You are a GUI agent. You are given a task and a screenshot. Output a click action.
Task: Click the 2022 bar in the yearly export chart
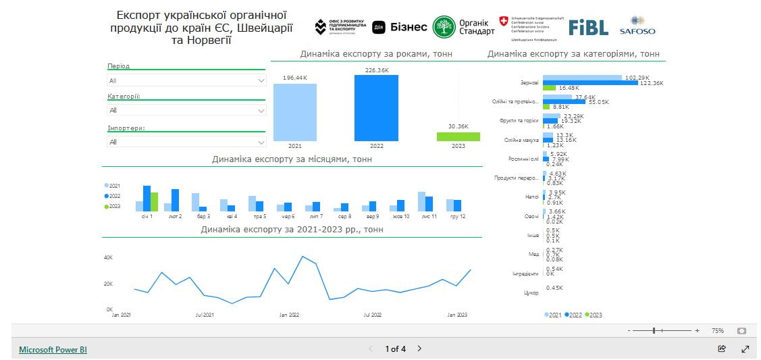point(376,107)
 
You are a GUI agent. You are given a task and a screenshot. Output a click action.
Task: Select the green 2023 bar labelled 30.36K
point(458,136)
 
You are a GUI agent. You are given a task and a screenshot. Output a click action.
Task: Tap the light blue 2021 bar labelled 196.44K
point(295,112)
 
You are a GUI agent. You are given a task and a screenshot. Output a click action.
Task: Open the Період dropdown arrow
point(261,80)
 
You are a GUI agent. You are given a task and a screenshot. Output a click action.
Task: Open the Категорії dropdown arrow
point(261,111)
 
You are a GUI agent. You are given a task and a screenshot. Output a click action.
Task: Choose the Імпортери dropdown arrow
point(261,142)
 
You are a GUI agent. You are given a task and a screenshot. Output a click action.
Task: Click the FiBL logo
point(588,27)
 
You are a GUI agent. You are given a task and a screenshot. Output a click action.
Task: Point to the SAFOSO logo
point(637,26)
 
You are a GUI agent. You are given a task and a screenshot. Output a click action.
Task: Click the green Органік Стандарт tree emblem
point(444,27)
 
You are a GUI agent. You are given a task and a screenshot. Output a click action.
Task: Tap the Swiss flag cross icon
point(504,21)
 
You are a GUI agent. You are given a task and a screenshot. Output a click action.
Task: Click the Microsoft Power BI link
point(53,349)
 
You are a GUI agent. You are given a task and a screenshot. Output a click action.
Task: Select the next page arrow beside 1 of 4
point(419,349)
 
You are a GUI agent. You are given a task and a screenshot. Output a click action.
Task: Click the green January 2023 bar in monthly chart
point(154,201)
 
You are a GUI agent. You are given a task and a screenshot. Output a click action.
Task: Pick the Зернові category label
point(529,82)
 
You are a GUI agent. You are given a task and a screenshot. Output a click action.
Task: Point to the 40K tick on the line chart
point(108,257)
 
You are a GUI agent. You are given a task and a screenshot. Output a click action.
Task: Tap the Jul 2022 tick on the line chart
point(372,315)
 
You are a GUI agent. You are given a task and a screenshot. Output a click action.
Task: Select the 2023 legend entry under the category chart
point(594,315)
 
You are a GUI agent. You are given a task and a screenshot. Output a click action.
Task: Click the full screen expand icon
point(745,349)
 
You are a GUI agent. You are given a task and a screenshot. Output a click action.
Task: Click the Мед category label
point(533,254)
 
